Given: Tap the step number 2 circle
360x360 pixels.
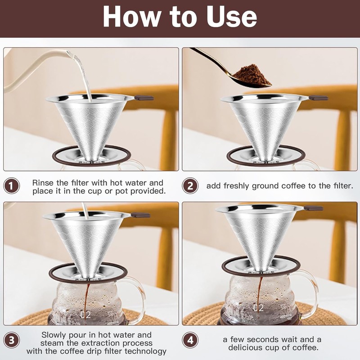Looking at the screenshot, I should click(x=190, y=185).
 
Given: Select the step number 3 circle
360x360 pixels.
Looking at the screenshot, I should click(x=12, y=340).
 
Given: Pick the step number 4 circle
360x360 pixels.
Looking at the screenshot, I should click(x=190, y=340).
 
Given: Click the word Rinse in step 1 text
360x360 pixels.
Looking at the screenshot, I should click(x=43, y=183).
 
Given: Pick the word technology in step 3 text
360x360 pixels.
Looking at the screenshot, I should click(x=145, y=351).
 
